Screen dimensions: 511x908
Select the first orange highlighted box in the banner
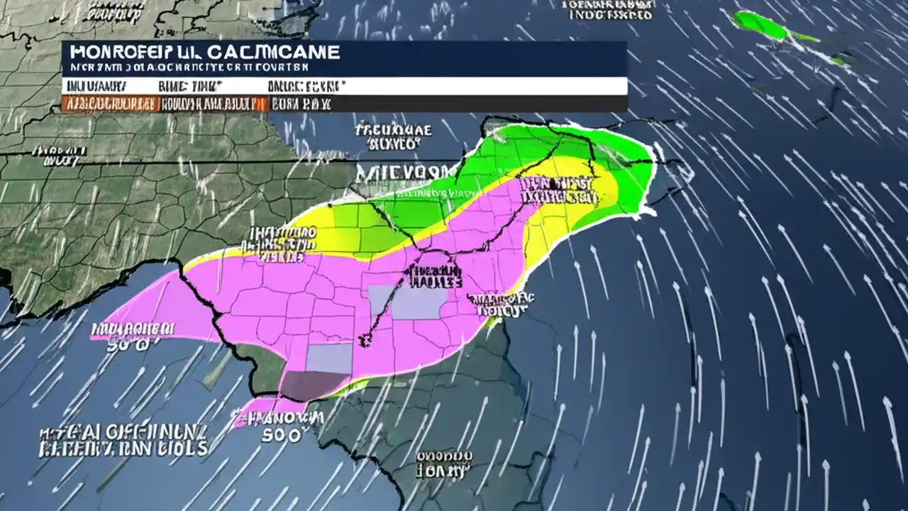point(109,104)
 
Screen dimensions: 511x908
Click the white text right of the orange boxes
point(301,104)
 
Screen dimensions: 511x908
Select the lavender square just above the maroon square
point(328,358)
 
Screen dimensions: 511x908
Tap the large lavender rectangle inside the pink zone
point(417,303)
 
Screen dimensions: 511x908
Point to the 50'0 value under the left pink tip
point(128,346)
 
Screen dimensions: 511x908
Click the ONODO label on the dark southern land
point(444,461)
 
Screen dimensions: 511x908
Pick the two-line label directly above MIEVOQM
point(392,137)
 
